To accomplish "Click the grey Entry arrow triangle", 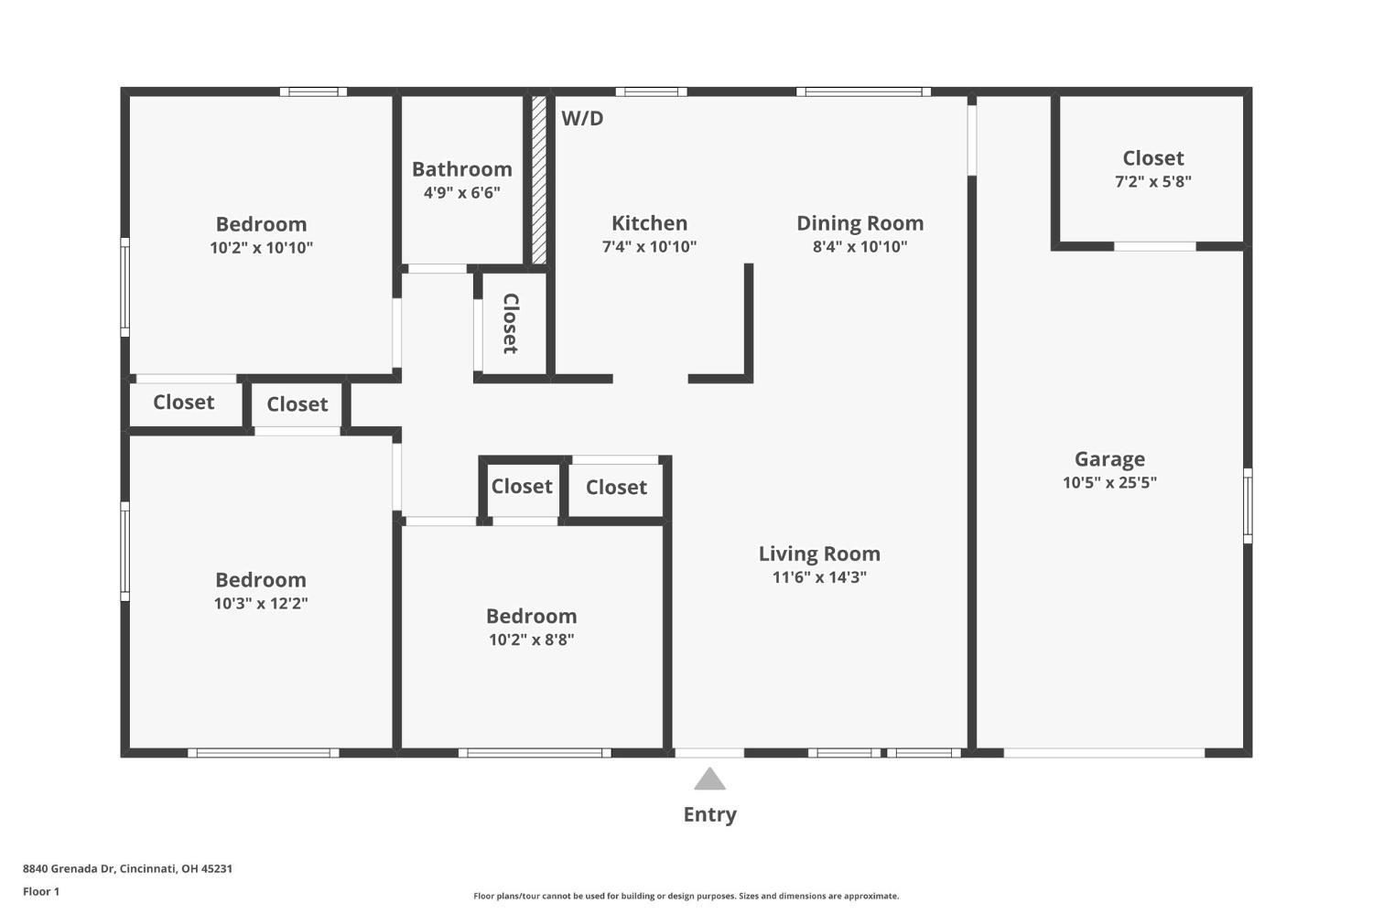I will coord(709,780).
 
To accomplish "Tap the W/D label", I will coord(582,118).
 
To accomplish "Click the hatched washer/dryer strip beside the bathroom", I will coord(539,179).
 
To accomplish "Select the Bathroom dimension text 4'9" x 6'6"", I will coord(461,193).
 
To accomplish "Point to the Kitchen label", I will coord(649,223).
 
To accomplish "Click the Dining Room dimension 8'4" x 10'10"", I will coord(859,246).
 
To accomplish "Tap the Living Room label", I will coord(819,554).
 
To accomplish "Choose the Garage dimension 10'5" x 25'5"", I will coord(1109,483).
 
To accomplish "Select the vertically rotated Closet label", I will coord(511,323).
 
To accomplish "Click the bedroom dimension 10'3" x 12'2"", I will coord(261,604).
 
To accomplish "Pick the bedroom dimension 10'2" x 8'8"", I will coord(531,640).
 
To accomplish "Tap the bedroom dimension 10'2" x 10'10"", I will coord(261,248).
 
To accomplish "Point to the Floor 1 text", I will coord(41,891).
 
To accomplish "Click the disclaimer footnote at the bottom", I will coord(686,897).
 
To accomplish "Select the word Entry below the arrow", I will coord(709,814).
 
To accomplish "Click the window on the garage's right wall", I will coord(1247,505).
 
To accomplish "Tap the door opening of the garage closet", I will coord(1154,246).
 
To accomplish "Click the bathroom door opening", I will coord(437,269).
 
